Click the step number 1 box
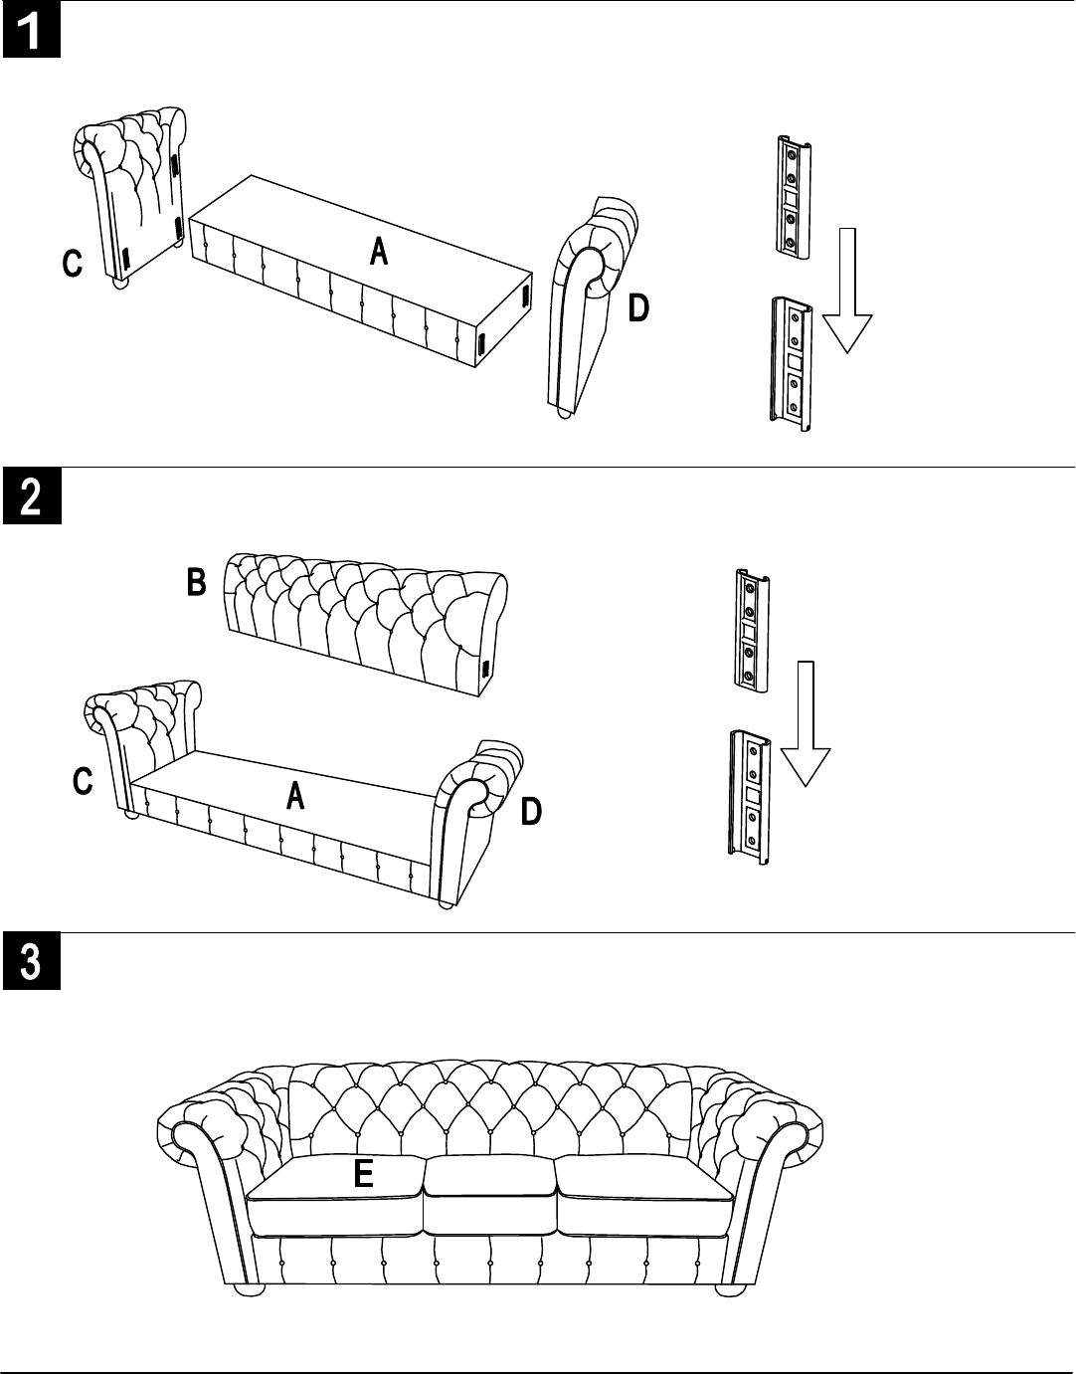coord(32,31)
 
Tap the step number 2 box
coord(32,495)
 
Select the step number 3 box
coord(32,961)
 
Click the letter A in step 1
coord(379,251)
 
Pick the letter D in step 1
coord(638,308)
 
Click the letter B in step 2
coord(197,582)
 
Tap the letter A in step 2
coord(295,795)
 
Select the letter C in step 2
coord(83,781)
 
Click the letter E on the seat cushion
coord(363,1174)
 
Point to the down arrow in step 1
coord(847,291)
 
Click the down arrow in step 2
coord(806,724)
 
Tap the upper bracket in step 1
coord(795,197)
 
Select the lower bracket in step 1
coord(791,364)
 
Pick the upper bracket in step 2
coord(752,631)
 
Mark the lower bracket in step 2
coord(750,797)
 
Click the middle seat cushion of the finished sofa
coord(489,1195)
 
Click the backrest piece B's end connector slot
coord(485,668)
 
